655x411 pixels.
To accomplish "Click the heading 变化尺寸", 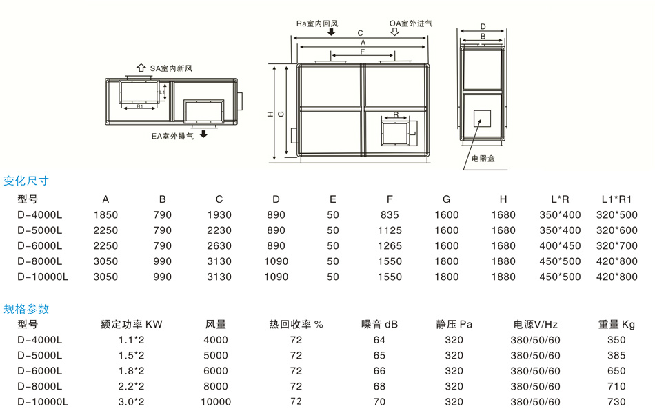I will point(26,181).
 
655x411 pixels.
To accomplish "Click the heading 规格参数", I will point(26,309).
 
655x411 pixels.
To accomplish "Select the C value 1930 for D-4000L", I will point(219,214).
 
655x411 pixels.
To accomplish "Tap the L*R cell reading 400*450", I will point(560,245).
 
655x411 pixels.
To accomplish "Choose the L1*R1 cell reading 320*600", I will point(617,230).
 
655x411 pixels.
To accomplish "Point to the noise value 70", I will point(379,401).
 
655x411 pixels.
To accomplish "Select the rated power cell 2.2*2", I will point(131,386).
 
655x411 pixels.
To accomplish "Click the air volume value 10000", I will point(216,401).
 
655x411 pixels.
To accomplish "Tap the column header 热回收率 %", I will point(296,324).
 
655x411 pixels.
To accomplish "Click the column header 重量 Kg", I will point(617,324).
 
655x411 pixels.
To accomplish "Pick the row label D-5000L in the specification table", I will point(39,355).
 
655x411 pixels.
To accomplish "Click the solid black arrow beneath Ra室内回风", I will point(332,32).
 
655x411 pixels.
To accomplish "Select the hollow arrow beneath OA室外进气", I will point(395,32).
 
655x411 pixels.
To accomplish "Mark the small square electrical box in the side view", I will point(481,117).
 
